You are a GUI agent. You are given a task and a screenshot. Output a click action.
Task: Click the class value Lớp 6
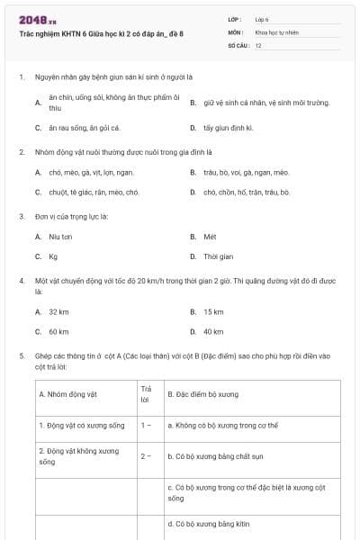tap(262, 18)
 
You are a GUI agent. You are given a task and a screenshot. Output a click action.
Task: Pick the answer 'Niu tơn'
tap(60, 237)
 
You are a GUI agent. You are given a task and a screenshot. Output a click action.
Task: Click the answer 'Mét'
tap(210, 237)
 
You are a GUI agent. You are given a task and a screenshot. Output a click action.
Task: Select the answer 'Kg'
tap(53, 256)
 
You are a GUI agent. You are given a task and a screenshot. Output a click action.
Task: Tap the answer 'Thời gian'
tap(218, 256)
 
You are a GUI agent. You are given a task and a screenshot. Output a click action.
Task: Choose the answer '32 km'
tap(58, 311)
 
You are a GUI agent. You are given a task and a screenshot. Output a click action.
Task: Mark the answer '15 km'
tap(213, 311)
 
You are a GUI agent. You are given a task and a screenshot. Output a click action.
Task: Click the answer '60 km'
tap(58, 331)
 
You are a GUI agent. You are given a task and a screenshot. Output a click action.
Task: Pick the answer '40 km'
tap(213, 331)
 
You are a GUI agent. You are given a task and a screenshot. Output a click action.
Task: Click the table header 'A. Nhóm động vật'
tap(67, 394)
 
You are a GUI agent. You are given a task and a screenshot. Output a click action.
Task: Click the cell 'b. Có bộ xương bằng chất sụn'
tap(213, 456)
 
